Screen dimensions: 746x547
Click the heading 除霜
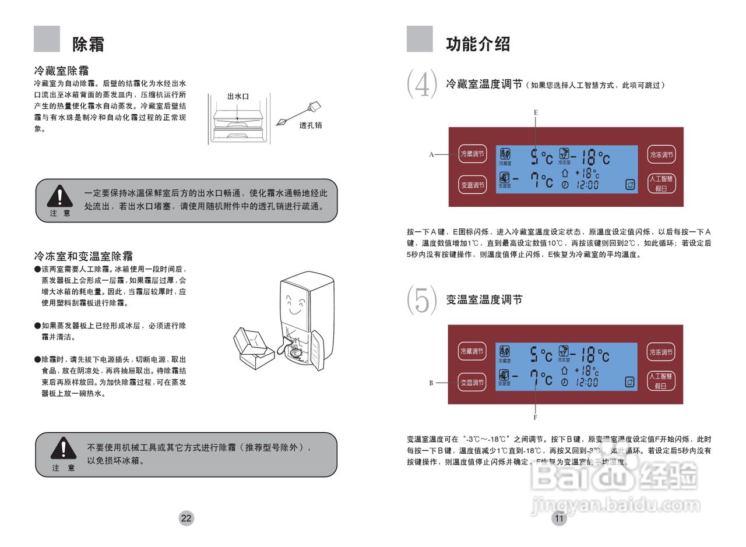coord(89,44)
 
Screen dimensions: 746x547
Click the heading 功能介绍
coord(478,44)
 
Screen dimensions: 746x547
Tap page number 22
coord(186,518)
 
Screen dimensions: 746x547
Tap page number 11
coord(559,518)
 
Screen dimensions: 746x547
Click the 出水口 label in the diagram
coord(238,96)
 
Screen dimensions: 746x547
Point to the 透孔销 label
coord(311,125)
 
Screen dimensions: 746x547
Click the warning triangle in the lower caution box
coord(63,449)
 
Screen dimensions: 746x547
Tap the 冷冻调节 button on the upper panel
coord(661,154)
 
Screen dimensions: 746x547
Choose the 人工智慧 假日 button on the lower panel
coord(661,381)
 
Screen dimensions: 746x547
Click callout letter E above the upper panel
coord(536,111)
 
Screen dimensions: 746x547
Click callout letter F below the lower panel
coord(535,417)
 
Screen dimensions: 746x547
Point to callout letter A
coord(431,154)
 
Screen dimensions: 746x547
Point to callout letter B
coord(431,383)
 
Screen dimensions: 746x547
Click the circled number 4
coord(421,83)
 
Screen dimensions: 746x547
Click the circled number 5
coord(421,299)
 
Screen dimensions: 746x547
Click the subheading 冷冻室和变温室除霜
coord(83,256)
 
